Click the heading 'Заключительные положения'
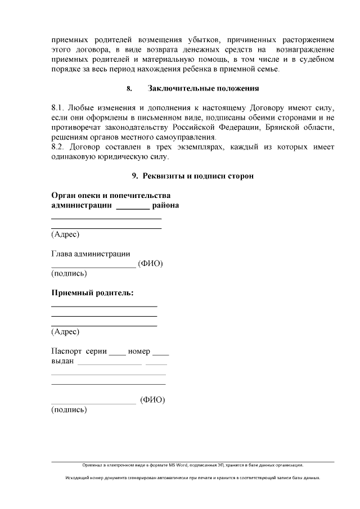[x=203, y=88]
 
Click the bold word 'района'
[x=166, y=205]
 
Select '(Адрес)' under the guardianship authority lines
[x=65, y=235]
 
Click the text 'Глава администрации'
[x=91, y=254]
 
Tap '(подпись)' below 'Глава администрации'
[x=69, y=274]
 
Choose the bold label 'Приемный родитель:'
[x=92, y=293]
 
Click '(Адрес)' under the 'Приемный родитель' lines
[x=65, y=331]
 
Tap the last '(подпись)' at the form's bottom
[x=69, y=410]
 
